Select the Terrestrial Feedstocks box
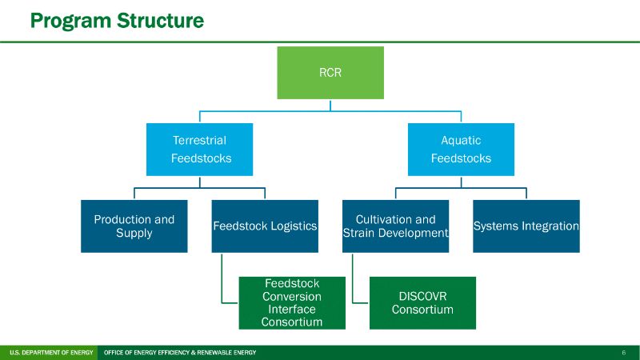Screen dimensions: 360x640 click(x=199, y=149)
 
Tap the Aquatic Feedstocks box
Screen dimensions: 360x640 click(x=461, y=149)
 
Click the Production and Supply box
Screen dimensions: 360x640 click(x=134, y=226)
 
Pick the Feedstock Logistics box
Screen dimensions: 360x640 click(x=265, y=226)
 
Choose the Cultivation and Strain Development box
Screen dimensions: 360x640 click(x=395, y=226)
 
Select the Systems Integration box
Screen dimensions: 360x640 click(x=526, y=226)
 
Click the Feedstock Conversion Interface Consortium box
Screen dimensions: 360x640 click(x=292, y=302)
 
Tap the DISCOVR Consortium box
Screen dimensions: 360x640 click(x=422, y=302)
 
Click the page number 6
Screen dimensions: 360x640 click(x=623, y=353)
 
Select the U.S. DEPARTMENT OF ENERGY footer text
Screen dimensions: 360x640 click(x=50, y=353)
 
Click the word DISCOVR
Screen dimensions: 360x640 click(x=422, y=296)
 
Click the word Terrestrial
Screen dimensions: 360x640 click(x=199, y=141)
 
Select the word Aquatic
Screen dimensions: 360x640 click(x=461, y=141)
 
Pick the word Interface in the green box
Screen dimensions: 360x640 click(x=292, y=309)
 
